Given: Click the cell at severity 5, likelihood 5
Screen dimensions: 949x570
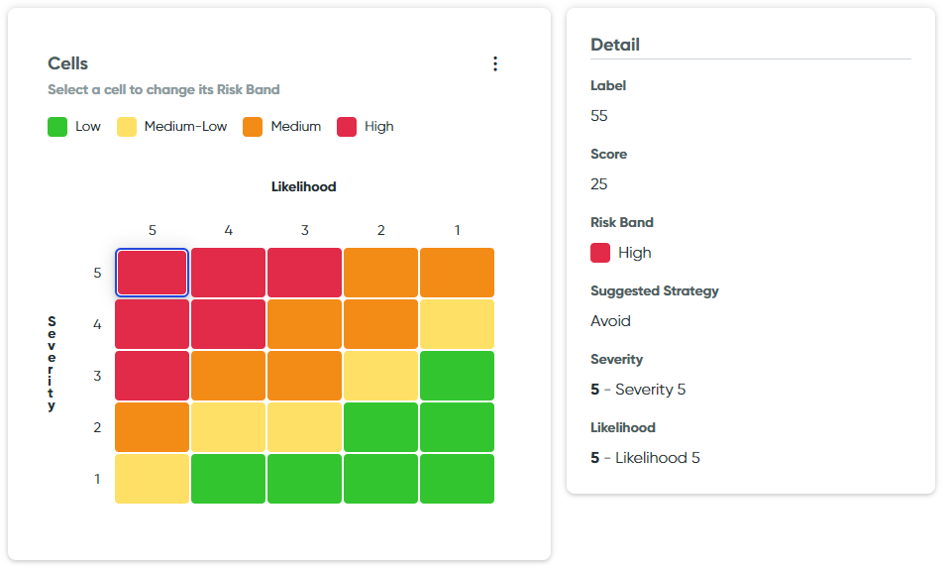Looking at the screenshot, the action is coord(152,273).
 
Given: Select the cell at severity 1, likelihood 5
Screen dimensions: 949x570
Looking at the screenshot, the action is coord(152,479).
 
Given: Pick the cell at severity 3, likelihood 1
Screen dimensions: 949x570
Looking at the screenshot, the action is coord(457,376).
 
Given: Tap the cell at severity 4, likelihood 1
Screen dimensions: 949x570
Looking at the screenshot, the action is coord(457,324).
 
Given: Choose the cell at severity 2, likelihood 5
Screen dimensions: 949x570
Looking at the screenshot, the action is coord(152,427).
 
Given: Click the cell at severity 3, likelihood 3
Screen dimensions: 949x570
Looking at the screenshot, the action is coord(304,376).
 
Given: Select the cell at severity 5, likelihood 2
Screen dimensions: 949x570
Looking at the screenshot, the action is coord(380,273).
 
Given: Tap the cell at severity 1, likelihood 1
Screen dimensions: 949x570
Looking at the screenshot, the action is coord(457,479).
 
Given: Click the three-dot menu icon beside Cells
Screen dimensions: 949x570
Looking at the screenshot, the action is coord(495,63).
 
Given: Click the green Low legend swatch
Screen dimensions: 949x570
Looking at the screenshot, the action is coord(57,127).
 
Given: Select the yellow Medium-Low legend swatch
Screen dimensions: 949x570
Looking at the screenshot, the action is coord(127,127).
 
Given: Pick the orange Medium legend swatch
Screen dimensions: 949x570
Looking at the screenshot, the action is coord(253,127).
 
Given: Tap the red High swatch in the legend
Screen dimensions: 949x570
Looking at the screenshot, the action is coord(347,127).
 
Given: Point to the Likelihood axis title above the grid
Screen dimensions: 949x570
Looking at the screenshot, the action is coord(304,186).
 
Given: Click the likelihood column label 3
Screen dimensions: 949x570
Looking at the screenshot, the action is coord(304,230).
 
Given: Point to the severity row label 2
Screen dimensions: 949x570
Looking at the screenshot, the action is coord(97,427).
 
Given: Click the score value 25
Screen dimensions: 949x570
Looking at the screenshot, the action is coord(599,184).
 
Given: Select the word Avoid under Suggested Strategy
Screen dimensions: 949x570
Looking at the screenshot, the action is coord(610,321).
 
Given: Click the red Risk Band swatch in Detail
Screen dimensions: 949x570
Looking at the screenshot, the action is coord(600,253).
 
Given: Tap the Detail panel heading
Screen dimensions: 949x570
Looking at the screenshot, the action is coord(615,45).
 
